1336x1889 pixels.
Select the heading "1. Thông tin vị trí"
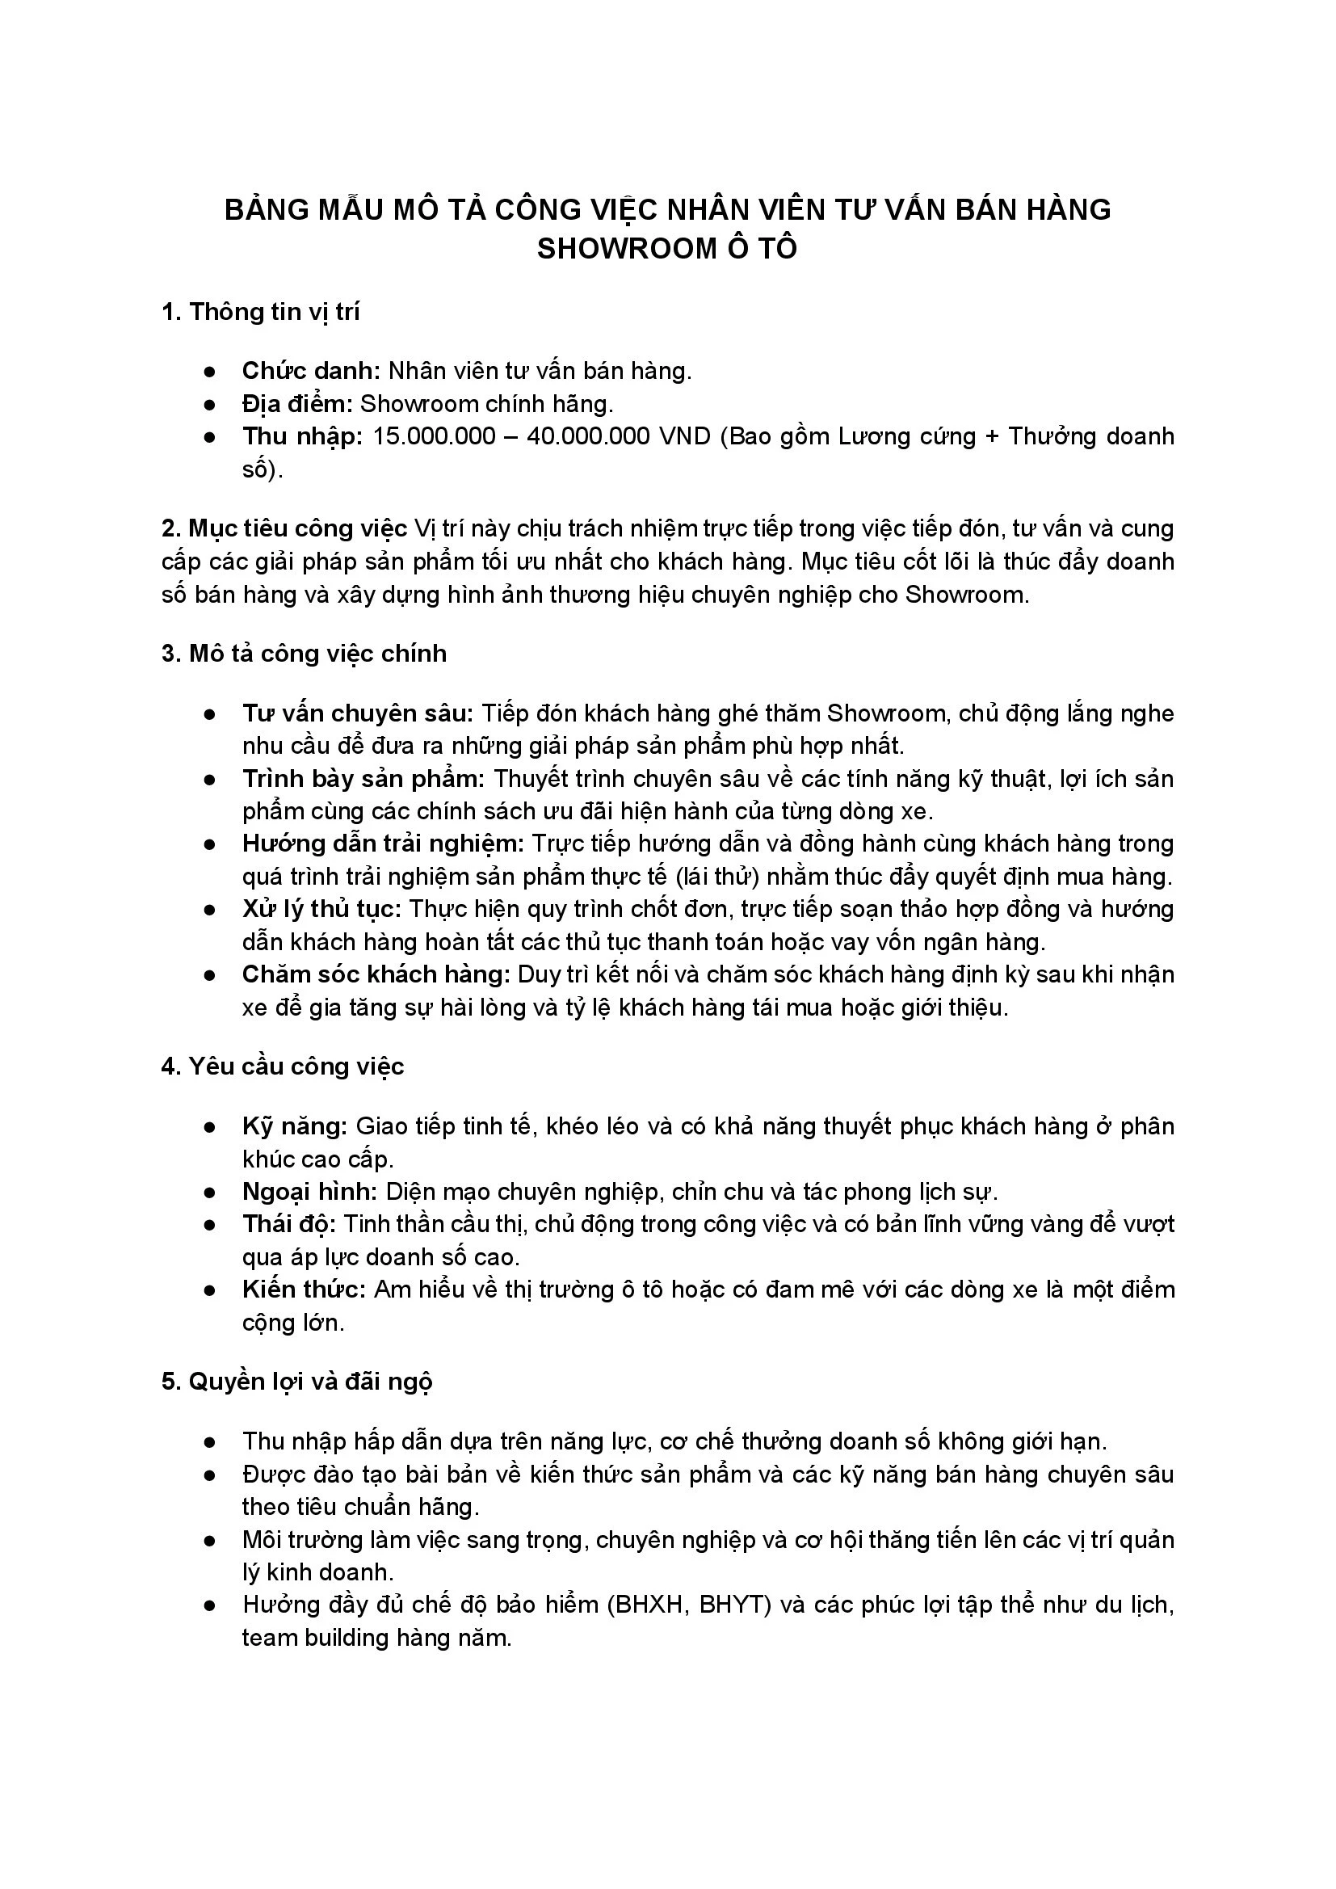261,313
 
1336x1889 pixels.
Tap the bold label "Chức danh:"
311,371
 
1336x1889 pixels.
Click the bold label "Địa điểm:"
297,404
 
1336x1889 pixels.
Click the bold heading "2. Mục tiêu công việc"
284,528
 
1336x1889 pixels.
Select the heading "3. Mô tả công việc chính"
305,654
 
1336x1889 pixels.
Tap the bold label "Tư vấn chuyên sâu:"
358,713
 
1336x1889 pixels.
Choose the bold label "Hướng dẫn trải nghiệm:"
383,844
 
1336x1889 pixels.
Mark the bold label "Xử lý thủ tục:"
321,909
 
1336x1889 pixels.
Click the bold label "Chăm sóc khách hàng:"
376,974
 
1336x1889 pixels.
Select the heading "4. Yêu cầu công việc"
283,1067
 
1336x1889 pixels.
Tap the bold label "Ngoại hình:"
309,1191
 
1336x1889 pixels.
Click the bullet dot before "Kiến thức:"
210,1290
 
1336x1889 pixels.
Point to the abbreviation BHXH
648,1605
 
